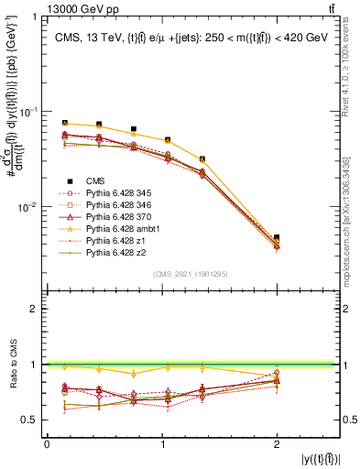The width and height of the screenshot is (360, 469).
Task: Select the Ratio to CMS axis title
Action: pyautogui.click(x=14, y=365)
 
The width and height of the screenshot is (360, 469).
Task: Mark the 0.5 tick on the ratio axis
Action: pyautogui.click(x=31, y=420)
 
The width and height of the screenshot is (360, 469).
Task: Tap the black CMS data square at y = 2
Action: pyautogui.click(x=278, y=237)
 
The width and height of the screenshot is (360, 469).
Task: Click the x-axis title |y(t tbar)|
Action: pyautogui.click(x=321, y=457)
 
